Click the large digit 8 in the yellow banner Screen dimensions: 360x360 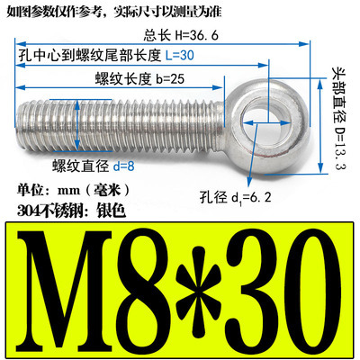145,285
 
